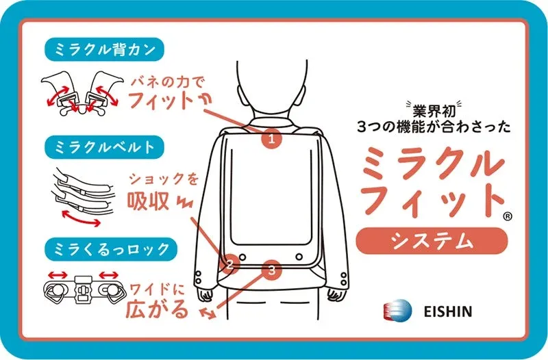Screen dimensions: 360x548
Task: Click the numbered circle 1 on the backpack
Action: click(272, 140)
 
